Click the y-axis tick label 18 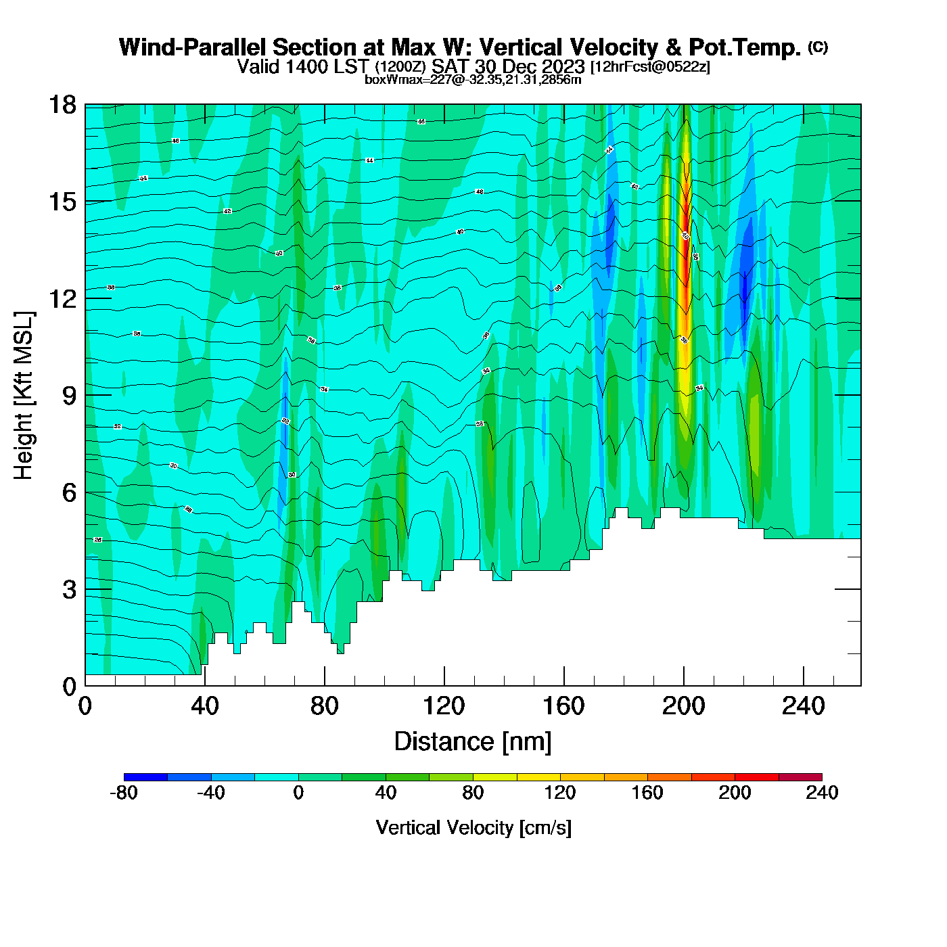[x=62, y=105]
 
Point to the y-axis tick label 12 [x=62, y=298]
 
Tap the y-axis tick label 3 [x=69, y=590]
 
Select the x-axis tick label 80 [x=324, y=706]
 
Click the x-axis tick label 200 [x=683, y=706]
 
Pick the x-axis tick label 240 [x=803, y=706]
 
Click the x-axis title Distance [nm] [x=473, y=742]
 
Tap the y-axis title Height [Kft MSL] [x=24, y=396]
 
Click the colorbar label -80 [x=123, y=793]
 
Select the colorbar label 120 [x=560, y=793]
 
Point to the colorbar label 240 [x=822, y=793]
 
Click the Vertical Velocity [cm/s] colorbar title [x=473, y=828]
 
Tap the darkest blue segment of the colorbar [x=145, y=777]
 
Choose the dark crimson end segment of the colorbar [x=800, y=777]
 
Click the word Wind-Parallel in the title [x=193, y=47]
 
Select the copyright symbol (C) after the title [x=818, y=47]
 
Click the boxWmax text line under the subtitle [x=473, y=80]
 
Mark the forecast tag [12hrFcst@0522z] [x=650, y=67]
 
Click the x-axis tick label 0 [x=85, y=706]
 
